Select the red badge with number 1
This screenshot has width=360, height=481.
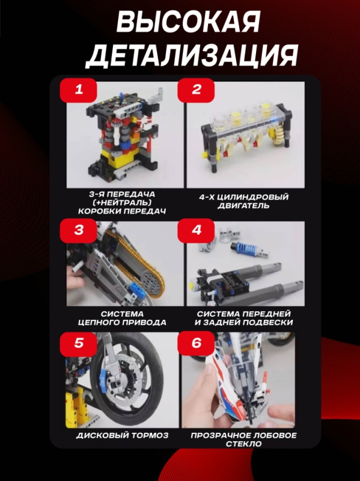coord(78,91)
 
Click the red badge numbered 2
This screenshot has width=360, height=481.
coord(196,91)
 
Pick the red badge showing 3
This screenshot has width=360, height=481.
coord(78,230)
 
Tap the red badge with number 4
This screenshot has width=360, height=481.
coord(196,230)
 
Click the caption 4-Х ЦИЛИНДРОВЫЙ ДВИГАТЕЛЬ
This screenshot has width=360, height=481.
coord(243,201)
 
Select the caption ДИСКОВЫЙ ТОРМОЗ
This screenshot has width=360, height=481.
coord(122,435)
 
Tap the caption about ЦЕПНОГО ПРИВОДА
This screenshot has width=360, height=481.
coord(122,318)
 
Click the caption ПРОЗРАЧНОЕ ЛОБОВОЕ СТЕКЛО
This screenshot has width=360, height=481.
coord(243,440)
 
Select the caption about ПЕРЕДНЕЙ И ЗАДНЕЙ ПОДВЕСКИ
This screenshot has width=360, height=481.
coord(243,318)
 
